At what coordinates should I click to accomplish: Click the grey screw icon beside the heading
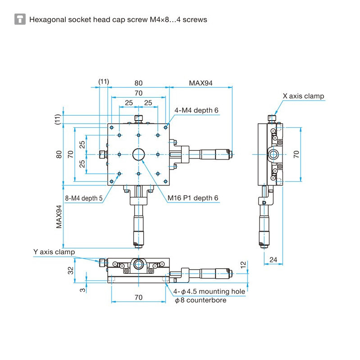pyautogui.click(x=20, y=19)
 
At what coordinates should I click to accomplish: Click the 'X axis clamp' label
pyautogui.click(x=303, y=96)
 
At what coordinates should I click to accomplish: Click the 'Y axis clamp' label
pyautogui.click(x=54, y=252)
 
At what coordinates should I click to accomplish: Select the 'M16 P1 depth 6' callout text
pyautogui.click(x=193, y=198)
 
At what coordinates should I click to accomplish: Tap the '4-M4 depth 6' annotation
pyautogui.click(x=197, y=110)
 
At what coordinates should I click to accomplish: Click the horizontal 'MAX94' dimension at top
pyautogui.click(x=200, y=83)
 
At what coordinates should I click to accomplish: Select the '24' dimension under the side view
pyautogui.click(x=273, y=260)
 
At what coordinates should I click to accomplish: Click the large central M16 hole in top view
pyautogui.click(x=139, y=154)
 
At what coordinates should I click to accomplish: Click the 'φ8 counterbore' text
pyautogui.click(x=200, y=300)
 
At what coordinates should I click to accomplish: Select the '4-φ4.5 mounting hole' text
pyautogui.click(x=209, y=291)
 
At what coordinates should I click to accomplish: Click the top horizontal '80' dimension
pyautogui.click(x=138, y=83)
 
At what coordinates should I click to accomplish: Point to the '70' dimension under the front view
pyautogui.click(x=138, y=297)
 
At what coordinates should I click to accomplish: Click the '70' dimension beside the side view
pyautogui.click(x=296, y=154)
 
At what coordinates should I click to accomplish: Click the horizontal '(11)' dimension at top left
pyautogui.click(x=103, y=81)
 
